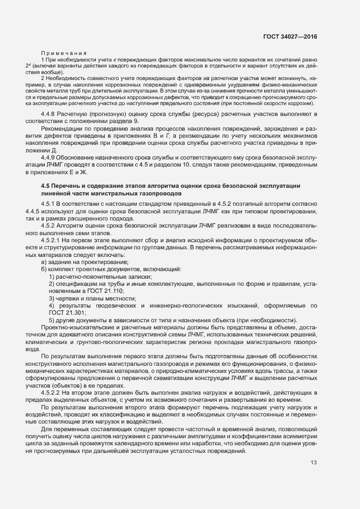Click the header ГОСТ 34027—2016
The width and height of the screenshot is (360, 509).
(x=290, y=36)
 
